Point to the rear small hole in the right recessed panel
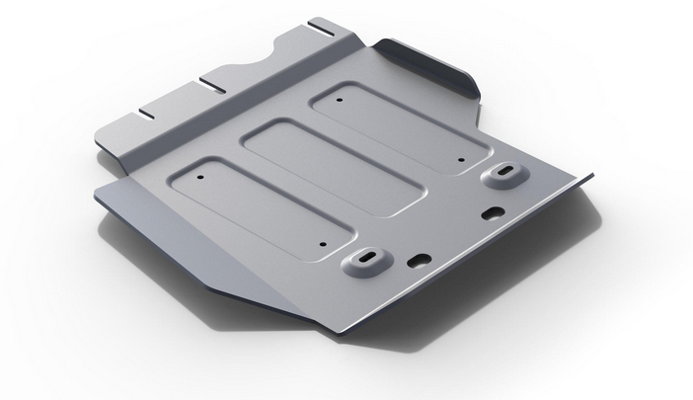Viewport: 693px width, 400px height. click(x=339, y=101)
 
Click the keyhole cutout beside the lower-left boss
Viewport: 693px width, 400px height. click(x=419, y=260)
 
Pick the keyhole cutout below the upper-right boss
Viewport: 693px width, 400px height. click(x=493, y=211)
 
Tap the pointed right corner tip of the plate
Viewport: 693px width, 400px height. click(x=592, y=177)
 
